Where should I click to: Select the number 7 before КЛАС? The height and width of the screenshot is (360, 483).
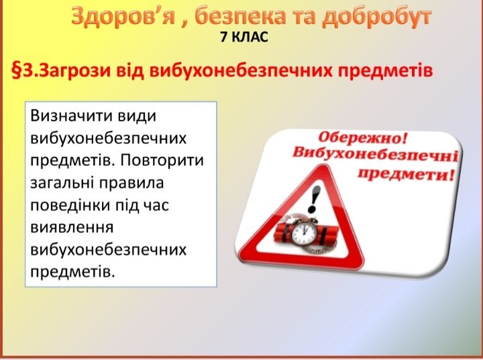pyautogui.click(x=223, y=38)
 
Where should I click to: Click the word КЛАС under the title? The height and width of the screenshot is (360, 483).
pyautogui.click(x=250, y=38)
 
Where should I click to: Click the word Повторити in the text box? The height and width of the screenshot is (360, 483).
pyautogui.click(x=162, y=160)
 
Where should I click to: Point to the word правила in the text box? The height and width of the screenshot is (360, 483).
pyautogui.click(x=131, y=183)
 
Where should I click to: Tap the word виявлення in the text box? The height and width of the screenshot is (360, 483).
pyautogui.click(x=72, y=227)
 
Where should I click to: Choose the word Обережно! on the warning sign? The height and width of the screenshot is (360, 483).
pyautogui.click(x=362, y=137)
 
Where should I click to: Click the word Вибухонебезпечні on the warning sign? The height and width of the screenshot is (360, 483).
pyautogui.click(x=375, y=154)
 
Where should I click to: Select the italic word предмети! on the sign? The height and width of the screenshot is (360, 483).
pyautogui.click(x=406, y=174)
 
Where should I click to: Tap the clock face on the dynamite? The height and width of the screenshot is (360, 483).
pyautogui.click(x=305, y=233)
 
